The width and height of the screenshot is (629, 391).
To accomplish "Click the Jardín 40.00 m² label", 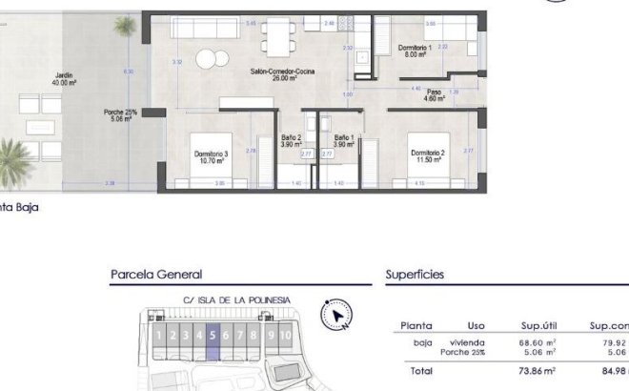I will tap(65, 79).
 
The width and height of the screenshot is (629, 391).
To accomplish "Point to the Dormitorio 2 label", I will tap(429, 155).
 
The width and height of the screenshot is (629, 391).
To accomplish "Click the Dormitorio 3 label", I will tap(212, 157).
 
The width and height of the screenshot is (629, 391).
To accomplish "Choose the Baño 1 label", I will tap(343, 140).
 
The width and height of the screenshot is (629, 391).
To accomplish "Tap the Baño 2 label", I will tap(292, 140).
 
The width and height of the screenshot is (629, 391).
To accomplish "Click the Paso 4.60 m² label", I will tap(434, 95).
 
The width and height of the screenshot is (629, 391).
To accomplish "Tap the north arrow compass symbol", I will tap(337, 314).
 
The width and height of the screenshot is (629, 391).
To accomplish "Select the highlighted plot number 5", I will tap(213, 336).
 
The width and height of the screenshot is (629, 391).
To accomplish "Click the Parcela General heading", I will tap(156, 275).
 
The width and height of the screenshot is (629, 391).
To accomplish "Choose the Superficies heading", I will tap(415, 275).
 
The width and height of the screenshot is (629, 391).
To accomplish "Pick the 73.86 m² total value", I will tap(538, 370).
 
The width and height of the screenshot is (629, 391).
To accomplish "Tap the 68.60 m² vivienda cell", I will tap(538, 341).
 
